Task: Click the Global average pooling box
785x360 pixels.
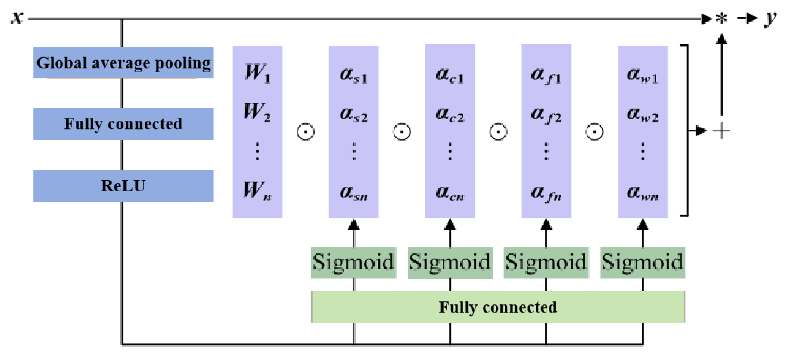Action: click(123, 63)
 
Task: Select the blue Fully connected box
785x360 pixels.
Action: click(123, 123)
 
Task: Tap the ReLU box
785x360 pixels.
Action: click(123, 186)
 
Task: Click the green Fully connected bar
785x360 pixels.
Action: click(498, 307)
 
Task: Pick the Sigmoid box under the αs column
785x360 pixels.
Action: click(354, 262)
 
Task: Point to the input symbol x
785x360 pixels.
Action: click(17, 18)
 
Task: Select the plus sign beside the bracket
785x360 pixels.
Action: click(721, 131)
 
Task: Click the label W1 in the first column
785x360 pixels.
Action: click(258, 73)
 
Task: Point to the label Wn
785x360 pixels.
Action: click(258, 191)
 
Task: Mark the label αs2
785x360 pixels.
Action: click(354, 115)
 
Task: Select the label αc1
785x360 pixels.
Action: click(450, 75)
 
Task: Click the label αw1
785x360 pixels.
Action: click(642, 75)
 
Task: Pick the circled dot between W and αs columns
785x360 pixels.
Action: click(305, 132)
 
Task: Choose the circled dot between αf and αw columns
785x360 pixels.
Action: click(594, 132)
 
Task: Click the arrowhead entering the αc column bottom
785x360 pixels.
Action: click(450, 225)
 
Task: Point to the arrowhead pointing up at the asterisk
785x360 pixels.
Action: click(721, 39)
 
